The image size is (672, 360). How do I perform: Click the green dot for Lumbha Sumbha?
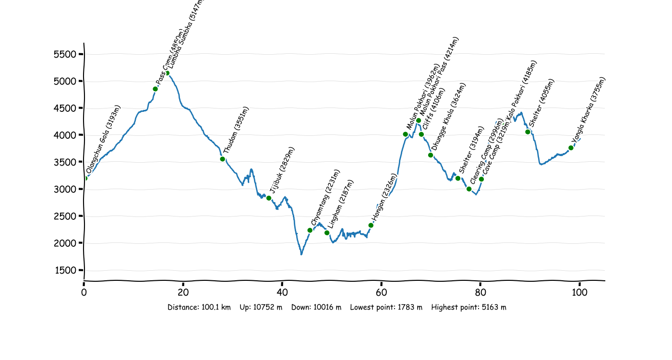coord(167,73)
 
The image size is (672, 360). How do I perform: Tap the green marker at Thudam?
coord(222,159)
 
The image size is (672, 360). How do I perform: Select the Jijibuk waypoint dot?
coord(269,198)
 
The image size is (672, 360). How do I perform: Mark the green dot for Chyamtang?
coord(310,230)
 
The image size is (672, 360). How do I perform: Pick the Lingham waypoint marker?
coord(327,233)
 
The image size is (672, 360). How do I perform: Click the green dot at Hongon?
coord(371,225)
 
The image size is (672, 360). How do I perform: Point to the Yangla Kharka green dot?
coord(571,148)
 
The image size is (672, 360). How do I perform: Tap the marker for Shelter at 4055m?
coord(528,132)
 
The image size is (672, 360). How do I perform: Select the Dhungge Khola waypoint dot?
coord(431,155)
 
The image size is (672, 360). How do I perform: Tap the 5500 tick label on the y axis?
coord(65,54)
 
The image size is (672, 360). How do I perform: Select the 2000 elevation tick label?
coord(65,243)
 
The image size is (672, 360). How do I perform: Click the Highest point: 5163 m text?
coord(468,307)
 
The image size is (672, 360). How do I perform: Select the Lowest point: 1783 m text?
coord(386,307)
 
